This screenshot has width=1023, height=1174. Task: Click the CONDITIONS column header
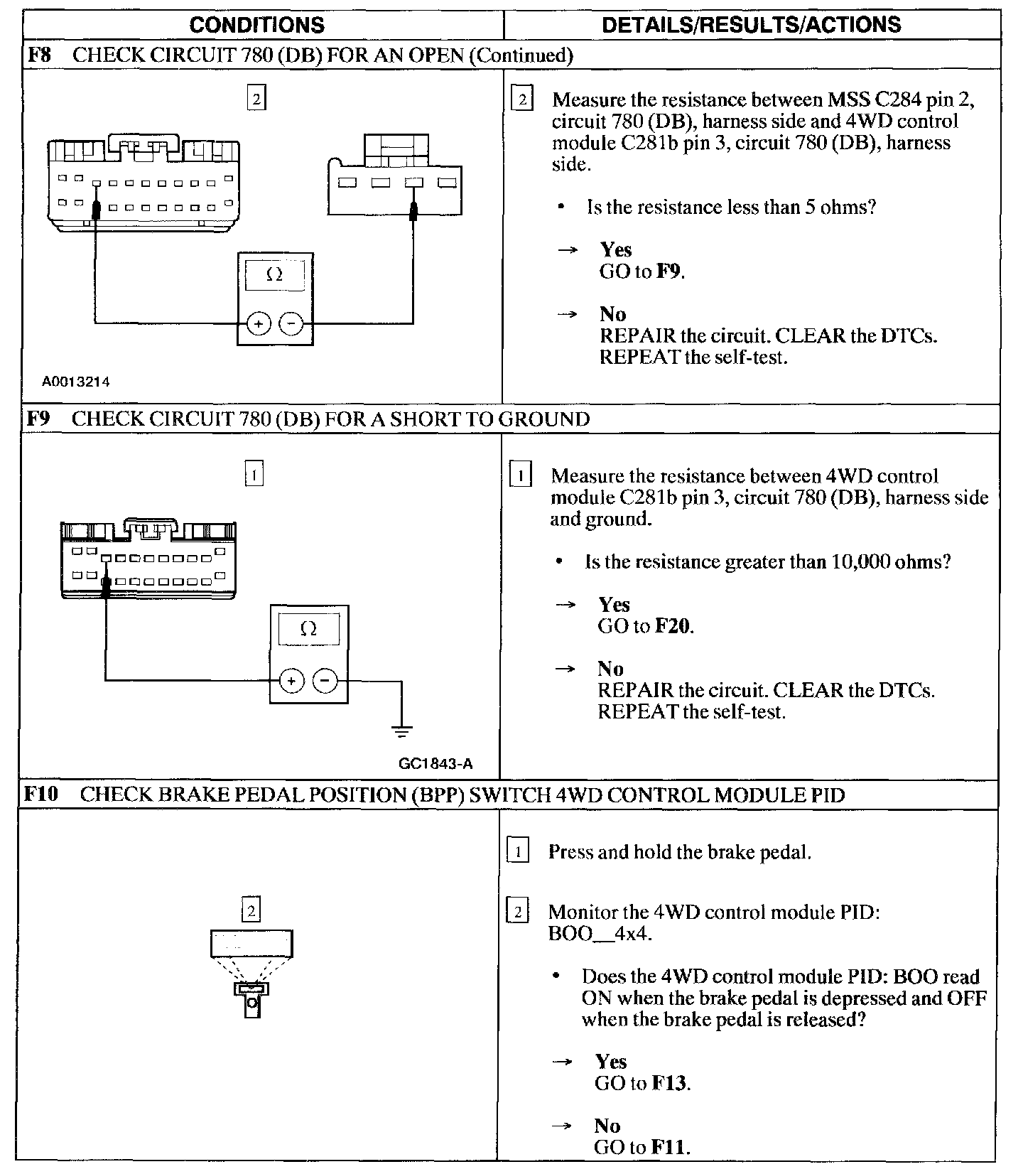(x=256, y=26)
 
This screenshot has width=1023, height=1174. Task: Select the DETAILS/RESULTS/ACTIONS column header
(x=751, y=26)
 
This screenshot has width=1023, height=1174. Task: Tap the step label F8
(x=39, y=55)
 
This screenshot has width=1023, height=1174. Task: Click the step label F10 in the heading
(x=40, y=795)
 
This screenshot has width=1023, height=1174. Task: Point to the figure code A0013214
(x=75, y=382)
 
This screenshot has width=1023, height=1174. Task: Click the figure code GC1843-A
(x=436, y=764)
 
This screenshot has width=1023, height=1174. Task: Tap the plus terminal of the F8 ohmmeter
(x=258, y=325)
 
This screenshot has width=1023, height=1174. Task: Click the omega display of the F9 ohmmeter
(x=308, y=629)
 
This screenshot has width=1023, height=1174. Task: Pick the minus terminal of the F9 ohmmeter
(x=325, y=681)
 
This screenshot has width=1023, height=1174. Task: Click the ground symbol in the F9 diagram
(x=401, y=730)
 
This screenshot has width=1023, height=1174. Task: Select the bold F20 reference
(x=672, y=626)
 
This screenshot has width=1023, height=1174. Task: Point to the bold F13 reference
(x=669, y=1083)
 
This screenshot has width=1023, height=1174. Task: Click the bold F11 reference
(x=669, y=1147)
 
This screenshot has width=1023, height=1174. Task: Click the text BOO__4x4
(x=600, y=933)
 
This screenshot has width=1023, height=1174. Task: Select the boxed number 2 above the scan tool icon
(x=251, y=910)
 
